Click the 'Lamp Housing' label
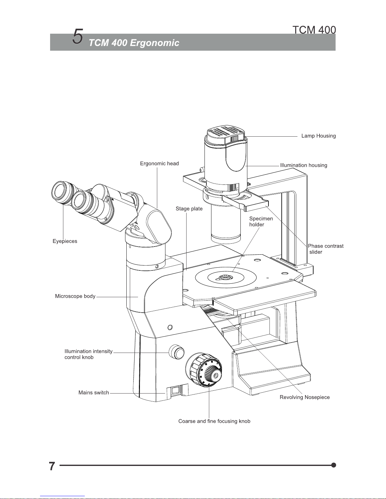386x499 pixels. click(319, 136)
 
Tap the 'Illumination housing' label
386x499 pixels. click(303, 165)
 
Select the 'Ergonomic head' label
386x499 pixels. click(159, 163)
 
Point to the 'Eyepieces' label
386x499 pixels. click(65, 241)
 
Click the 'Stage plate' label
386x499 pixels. click(189, 208)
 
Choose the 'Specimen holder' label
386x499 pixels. click(261, 221)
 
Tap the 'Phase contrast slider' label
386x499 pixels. click(326, 249)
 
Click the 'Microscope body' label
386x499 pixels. click(75, 296)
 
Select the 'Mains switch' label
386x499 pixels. click(94, 393)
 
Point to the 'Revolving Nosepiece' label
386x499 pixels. click(305, 397)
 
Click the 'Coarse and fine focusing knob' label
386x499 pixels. click(214, 421)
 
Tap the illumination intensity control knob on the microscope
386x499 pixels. click(176, 352)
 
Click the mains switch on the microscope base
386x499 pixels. click(176, 390)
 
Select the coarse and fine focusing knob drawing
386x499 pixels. click(204, 370)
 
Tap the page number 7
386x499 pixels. click(52, 466)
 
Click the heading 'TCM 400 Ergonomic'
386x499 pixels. click(134, 43)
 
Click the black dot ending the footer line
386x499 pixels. click(334, 465)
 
